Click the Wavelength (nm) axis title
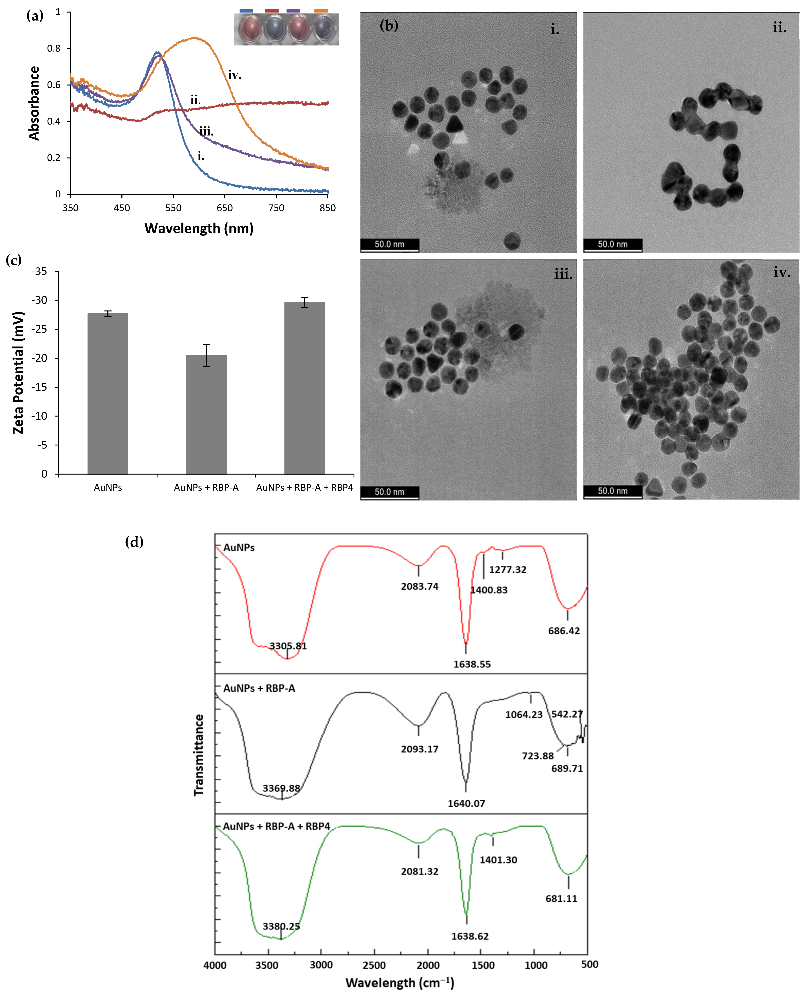[x=199, y=229]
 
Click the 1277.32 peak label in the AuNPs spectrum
[x=508, y=570]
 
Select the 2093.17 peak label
[x=420, y=749]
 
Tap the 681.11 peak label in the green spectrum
[x=561, y=899]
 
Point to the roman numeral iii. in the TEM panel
[x=563, y=274]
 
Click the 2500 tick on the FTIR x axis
[x=374, y=965]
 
